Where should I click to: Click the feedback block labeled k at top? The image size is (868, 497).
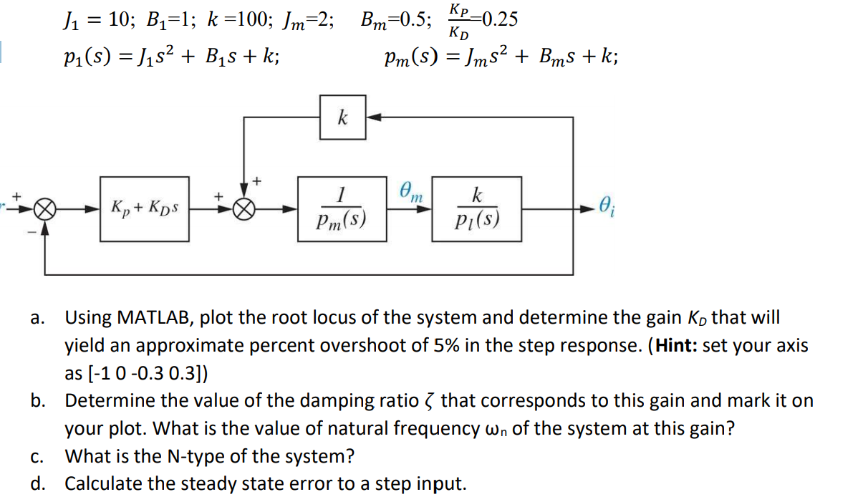click(x=343, y=117)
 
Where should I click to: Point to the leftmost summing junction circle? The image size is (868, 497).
click(x=45, y=211)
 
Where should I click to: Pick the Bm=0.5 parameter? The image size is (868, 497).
click(x=397, y=19)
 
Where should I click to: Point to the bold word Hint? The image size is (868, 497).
click(x=675, y=346)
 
